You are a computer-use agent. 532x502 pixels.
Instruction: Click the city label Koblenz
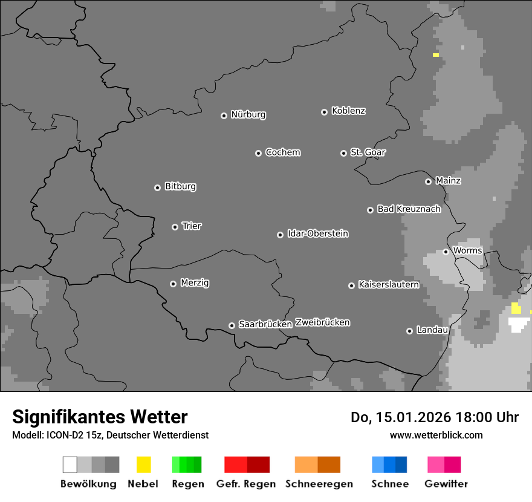pos(348,111)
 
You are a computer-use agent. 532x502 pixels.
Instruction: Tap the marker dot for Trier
pos(175,227)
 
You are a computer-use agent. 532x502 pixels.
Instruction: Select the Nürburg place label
pos(248,115)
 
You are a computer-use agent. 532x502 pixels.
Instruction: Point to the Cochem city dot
pos(258,153)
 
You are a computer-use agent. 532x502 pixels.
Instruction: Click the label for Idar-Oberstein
pos(318,234)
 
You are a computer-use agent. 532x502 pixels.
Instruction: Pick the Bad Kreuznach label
pos(409,209)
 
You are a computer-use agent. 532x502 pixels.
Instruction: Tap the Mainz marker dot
pos(428,181)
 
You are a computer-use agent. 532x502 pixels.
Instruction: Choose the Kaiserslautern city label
pos(388,285)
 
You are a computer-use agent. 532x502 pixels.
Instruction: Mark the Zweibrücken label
pos(322,322)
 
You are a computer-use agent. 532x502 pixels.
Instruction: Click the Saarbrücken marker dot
pos(232,325)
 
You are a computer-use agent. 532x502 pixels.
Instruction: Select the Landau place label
pos(432,330)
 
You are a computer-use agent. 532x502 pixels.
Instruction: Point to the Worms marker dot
pos(446,252)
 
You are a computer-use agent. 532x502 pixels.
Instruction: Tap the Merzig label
pos(195,283)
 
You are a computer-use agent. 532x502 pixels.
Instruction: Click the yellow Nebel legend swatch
pos(143,465)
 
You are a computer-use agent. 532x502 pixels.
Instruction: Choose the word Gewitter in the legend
pos(446,484)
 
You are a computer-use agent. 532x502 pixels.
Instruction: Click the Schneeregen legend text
pos(319,484)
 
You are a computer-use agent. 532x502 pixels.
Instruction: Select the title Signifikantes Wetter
pos(100,417)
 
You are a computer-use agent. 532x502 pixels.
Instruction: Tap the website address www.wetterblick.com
pos(436,435)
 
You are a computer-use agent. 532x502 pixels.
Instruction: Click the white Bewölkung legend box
pos(70,465)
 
